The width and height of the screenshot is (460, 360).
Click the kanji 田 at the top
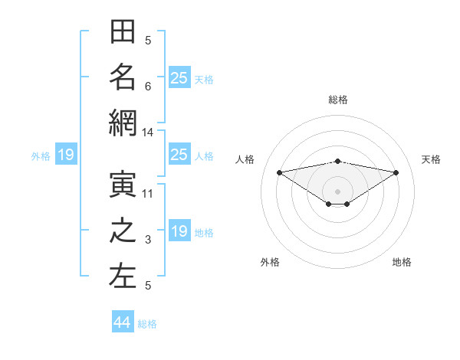[123, 31]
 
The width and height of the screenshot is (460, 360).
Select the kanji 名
[123, 77]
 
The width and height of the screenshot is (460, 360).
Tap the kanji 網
[123, 123]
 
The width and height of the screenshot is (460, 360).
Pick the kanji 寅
[123, 185]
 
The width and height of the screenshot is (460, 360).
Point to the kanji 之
[123, 231]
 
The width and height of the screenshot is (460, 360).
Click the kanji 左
[123, 277]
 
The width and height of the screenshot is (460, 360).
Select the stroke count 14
[147, 133]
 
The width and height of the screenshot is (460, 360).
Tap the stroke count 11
[147, 194]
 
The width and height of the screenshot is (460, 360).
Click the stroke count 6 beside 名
[148, 87]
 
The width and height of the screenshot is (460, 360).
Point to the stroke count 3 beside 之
[148, 240]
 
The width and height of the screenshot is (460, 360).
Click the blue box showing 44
[123, 321]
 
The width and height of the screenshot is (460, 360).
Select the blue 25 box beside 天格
[179, 77]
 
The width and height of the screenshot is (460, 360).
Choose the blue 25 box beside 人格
[179, 154]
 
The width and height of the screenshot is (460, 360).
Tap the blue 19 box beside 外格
[66, 154]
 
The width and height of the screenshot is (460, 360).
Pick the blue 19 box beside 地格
[179, 230]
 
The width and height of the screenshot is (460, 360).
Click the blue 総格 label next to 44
[147, 324]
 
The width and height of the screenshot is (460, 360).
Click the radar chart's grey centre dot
[337, 191]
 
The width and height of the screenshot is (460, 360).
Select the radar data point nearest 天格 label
[396, 172]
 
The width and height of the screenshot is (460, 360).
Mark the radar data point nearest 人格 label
[280, 172]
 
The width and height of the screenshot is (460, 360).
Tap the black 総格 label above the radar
[338, 100]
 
